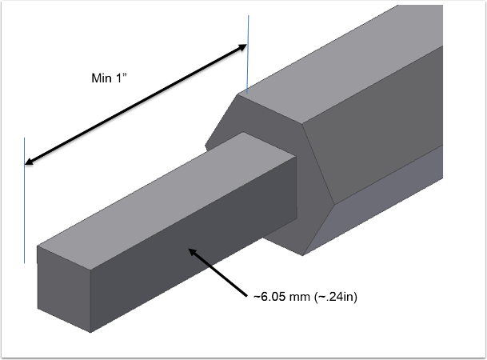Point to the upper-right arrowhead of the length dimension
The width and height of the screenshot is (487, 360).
coord(243,47)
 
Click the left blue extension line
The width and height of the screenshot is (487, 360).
coord(25,208)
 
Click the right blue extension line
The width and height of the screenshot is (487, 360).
coord(248,56)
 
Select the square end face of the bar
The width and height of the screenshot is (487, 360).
coord(65,288)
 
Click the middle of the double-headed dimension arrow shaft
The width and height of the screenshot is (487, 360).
coord(136,105)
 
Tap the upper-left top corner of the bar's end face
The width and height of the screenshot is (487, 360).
coord(38,246)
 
